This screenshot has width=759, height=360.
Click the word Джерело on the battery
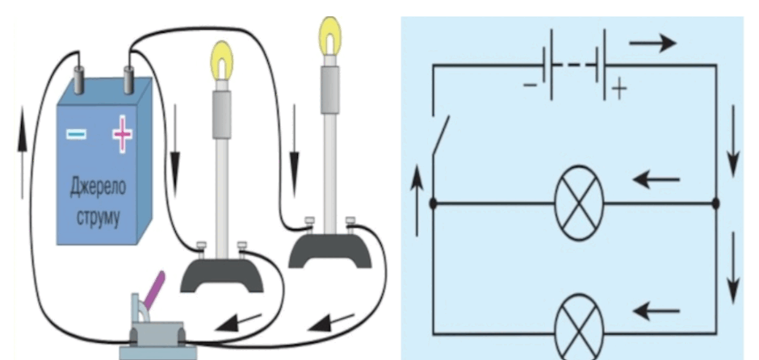coord(98,187)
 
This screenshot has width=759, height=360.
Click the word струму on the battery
coord(98,217)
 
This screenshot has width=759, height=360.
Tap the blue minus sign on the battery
coord(77,133)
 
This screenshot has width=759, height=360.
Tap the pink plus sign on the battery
coord(123,133)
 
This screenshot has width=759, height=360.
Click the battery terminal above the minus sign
coord(79,81)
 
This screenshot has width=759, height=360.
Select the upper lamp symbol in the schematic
coord(579,203)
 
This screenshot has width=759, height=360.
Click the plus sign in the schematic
coord(619,90)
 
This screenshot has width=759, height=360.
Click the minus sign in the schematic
coord(530,86)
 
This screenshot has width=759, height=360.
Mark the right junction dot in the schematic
coord(716,203)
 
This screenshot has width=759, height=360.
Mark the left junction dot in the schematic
coord(434,203)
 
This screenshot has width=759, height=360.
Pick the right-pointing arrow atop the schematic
coord(652,43)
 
